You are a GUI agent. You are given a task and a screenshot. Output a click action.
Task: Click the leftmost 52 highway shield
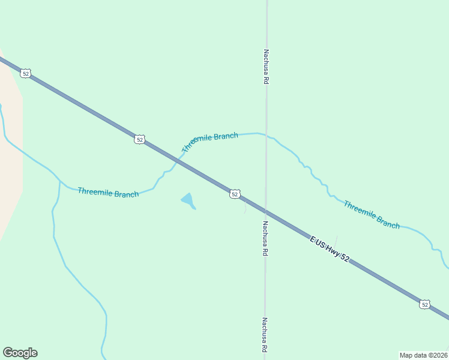click(x=25, y=73)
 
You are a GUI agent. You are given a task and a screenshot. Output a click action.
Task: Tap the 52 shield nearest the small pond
click(x=235, y=194)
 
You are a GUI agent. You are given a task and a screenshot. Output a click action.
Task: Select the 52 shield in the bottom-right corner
click(x=424, y=304)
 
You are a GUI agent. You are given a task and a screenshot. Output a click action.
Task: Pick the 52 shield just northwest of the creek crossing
click(x=139, y=139)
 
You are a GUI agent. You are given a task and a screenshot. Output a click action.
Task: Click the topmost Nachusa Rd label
click(x=265, y=67)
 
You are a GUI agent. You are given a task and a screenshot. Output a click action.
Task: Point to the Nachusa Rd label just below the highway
click(x=264, y=239)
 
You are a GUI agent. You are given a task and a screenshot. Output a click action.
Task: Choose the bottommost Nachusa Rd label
click(x=264, y=335)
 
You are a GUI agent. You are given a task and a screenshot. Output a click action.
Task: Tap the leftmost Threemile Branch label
click(x=108, y=193)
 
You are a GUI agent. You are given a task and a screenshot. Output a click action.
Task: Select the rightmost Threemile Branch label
click(x=371, y=215)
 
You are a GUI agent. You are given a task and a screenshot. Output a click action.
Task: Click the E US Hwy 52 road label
click(x=330, y=249)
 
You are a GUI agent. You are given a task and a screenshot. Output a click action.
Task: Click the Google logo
click(x=20, y=353)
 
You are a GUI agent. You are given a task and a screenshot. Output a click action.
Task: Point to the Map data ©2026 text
click(x=423, y=355)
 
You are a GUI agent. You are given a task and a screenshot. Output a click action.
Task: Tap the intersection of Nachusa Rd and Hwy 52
click(x=265, y=211)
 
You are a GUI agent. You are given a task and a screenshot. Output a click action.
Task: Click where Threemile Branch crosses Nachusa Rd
click(x=265, y=135)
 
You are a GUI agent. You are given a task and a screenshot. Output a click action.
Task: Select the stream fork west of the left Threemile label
click(x=60, y=181)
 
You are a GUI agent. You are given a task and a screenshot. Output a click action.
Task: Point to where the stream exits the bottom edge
click(x=102, y=358)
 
